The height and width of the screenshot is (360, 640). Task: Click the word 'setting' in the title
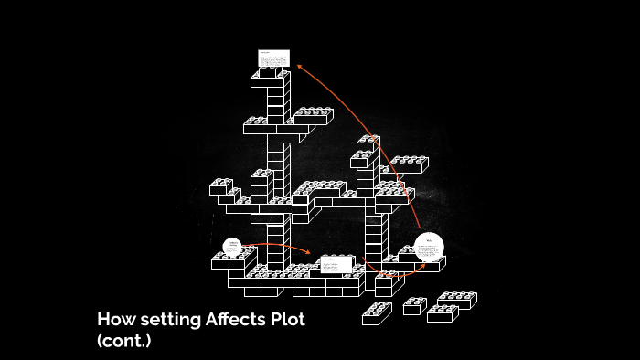click(170, 321)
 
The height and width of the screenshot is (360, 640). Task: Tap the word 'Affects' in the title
click(237, 321)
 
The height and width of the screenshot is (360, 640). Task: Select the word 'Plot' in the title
click(286, 321)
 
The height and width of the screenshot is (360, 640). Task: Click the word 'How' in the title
click(115, 321)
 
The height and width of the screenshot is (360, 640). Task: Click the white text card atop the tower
click(273, 58)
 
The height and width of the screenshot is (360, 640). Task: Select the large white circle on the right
click(428, 247)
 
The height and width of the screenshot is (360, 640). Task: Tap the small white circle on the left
click(232, 247)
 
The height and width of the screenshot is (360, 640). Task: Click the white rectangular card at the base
click(336, 265)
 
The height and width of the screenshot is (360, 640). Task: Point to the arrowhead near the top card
click(299, 67)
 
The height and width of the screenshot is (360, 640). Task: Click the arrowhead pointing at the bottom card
click(308, 254)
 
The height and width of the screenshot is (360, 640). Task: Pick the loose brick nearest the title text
click(376, 313)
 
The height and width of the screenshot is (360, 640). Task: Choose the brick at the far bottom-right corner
click(457, 299)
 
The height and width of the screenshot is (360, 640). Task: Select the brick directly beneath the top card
click(271, 77)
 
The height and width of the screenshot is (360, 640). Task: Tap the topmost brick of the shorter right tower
click(368, 143)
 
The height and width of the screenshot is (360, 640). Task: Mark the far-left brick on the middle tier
click(220, 187)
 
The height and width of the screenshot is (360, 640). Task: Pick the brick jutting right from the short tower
click(407, 165)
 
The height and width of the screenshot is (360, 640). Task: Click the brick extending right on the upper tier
click(312, 116)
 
